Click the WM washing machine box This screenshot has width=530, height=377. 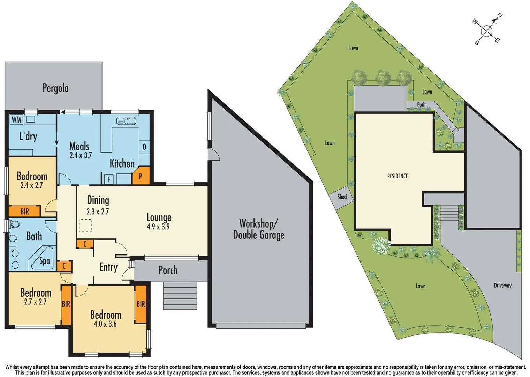click(16, 120)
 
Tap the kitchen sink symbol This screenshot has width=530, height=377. click(126, 121)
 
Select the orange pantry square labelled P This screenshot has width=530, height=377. click(141, 176)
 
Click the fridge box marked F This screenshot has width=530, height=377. click(109, 179)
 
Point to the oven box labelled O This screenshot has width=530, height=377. click(144, 147)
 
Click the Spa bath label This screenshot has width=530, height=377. click(44, 261)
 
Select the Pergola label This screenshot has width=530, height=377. click(55, 88)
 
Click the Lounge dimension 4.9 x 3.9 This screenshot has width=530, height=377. click(158, 227)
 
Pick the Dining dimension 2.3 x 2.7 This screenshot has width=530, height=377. click(98, 212)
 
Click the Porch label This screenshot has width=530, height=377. click(168, 270)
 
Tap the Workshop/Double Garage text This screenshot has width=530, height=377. click(259, 229)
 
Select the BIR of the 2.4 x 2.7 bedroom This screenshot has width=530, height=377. click(24, 212)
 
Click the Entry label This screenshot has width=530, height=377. click(108, 267)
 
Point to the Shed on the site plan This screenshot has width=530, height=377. click(342, 197)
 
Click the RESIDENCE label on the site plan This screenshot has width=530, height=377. click(397, 176)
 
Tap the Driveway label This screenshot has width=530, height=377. click(502, 286)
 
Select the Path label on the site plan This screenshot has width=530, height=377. click(421, 104)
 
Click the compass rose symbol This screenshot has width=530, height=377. click(487, 31)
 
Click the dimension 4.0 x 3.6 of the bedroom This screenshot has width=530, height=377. click(105, 324)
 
